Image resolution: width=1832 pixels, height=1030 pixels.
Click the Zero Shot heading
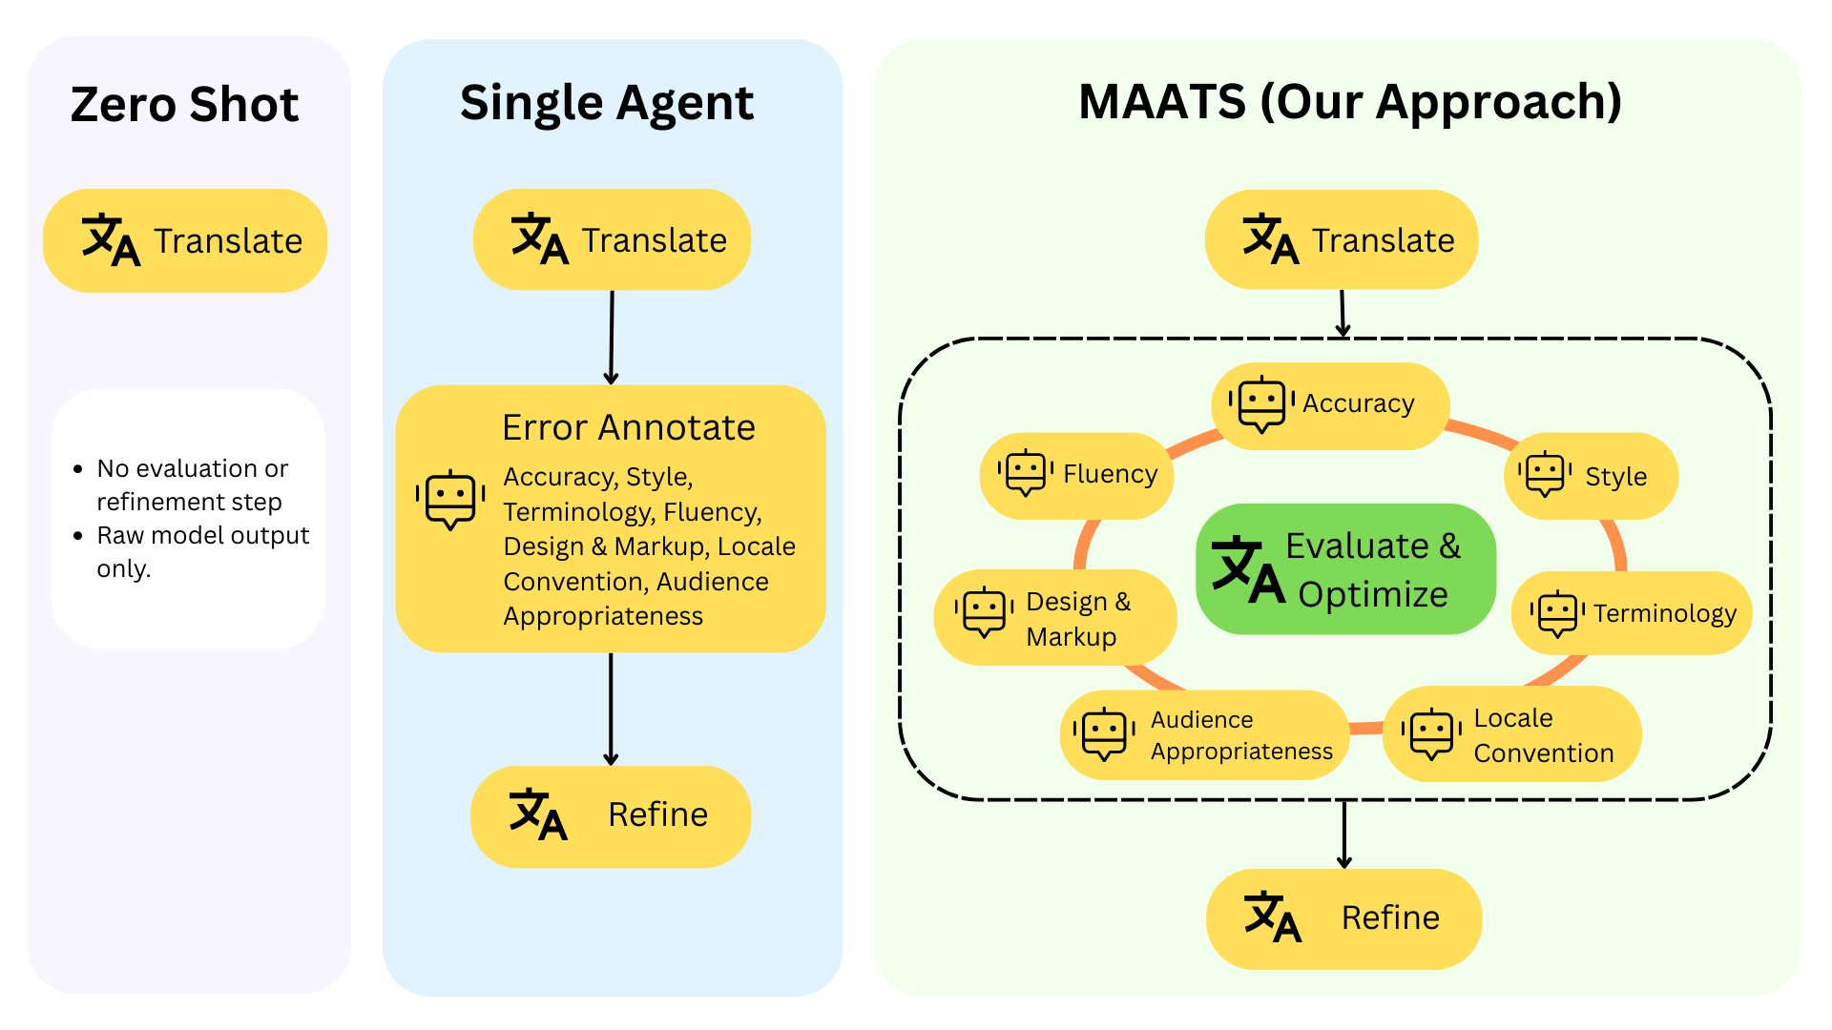click(x=184, y=104)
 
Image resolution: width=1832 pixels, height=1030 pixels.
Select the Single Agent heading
click(x=607, y=102)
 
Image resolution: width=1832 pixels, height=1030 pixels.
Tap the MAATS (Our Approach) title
click(x=1349, y=101)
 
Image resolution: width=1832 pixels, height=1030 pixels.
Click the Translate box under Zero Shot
click(x=185, y=240)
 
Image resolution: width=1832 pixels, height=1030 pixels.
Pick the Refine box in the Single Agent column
click(x=611, y=815)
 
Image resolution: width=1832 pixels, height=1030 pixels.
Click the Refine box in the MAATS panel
click(x=1343, y=918)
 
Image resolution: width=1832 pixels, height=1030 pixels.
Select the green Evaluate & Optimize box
click(x=1345, y=569)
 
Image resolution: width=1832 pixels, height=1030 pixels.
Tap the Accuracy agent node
click(x=1330, y=404)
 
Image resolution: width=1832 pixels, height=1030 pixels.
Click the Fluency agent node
click(x=1077, y=475)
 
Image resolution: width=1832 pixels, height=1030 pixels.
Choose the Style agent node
click(x=1591, y=476)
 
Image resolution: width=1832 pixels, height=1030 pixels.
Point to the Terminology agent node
click(x=1632, y=613)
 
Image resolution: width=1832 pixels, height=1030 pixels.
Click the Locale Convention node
click(x=1511, y=734)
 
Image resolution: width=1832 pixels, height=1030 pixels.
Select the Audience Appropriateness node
click(x=1204, y=734)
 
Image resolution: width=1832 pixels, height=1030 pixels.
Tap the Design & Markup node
click(x=1054, y=618)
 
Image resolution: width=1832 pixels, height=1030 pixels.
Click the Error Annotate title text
click(x=628, y=427)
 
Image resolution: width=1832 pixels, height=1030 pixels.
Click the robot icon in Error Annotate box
click(x=450, y=498)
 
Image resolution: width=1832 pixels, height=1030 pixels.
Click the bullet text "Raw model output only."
click(x=202, y=551)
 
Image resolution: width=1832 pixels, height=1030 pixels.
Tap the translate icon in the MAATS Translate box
click(x=1270, y=239)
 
